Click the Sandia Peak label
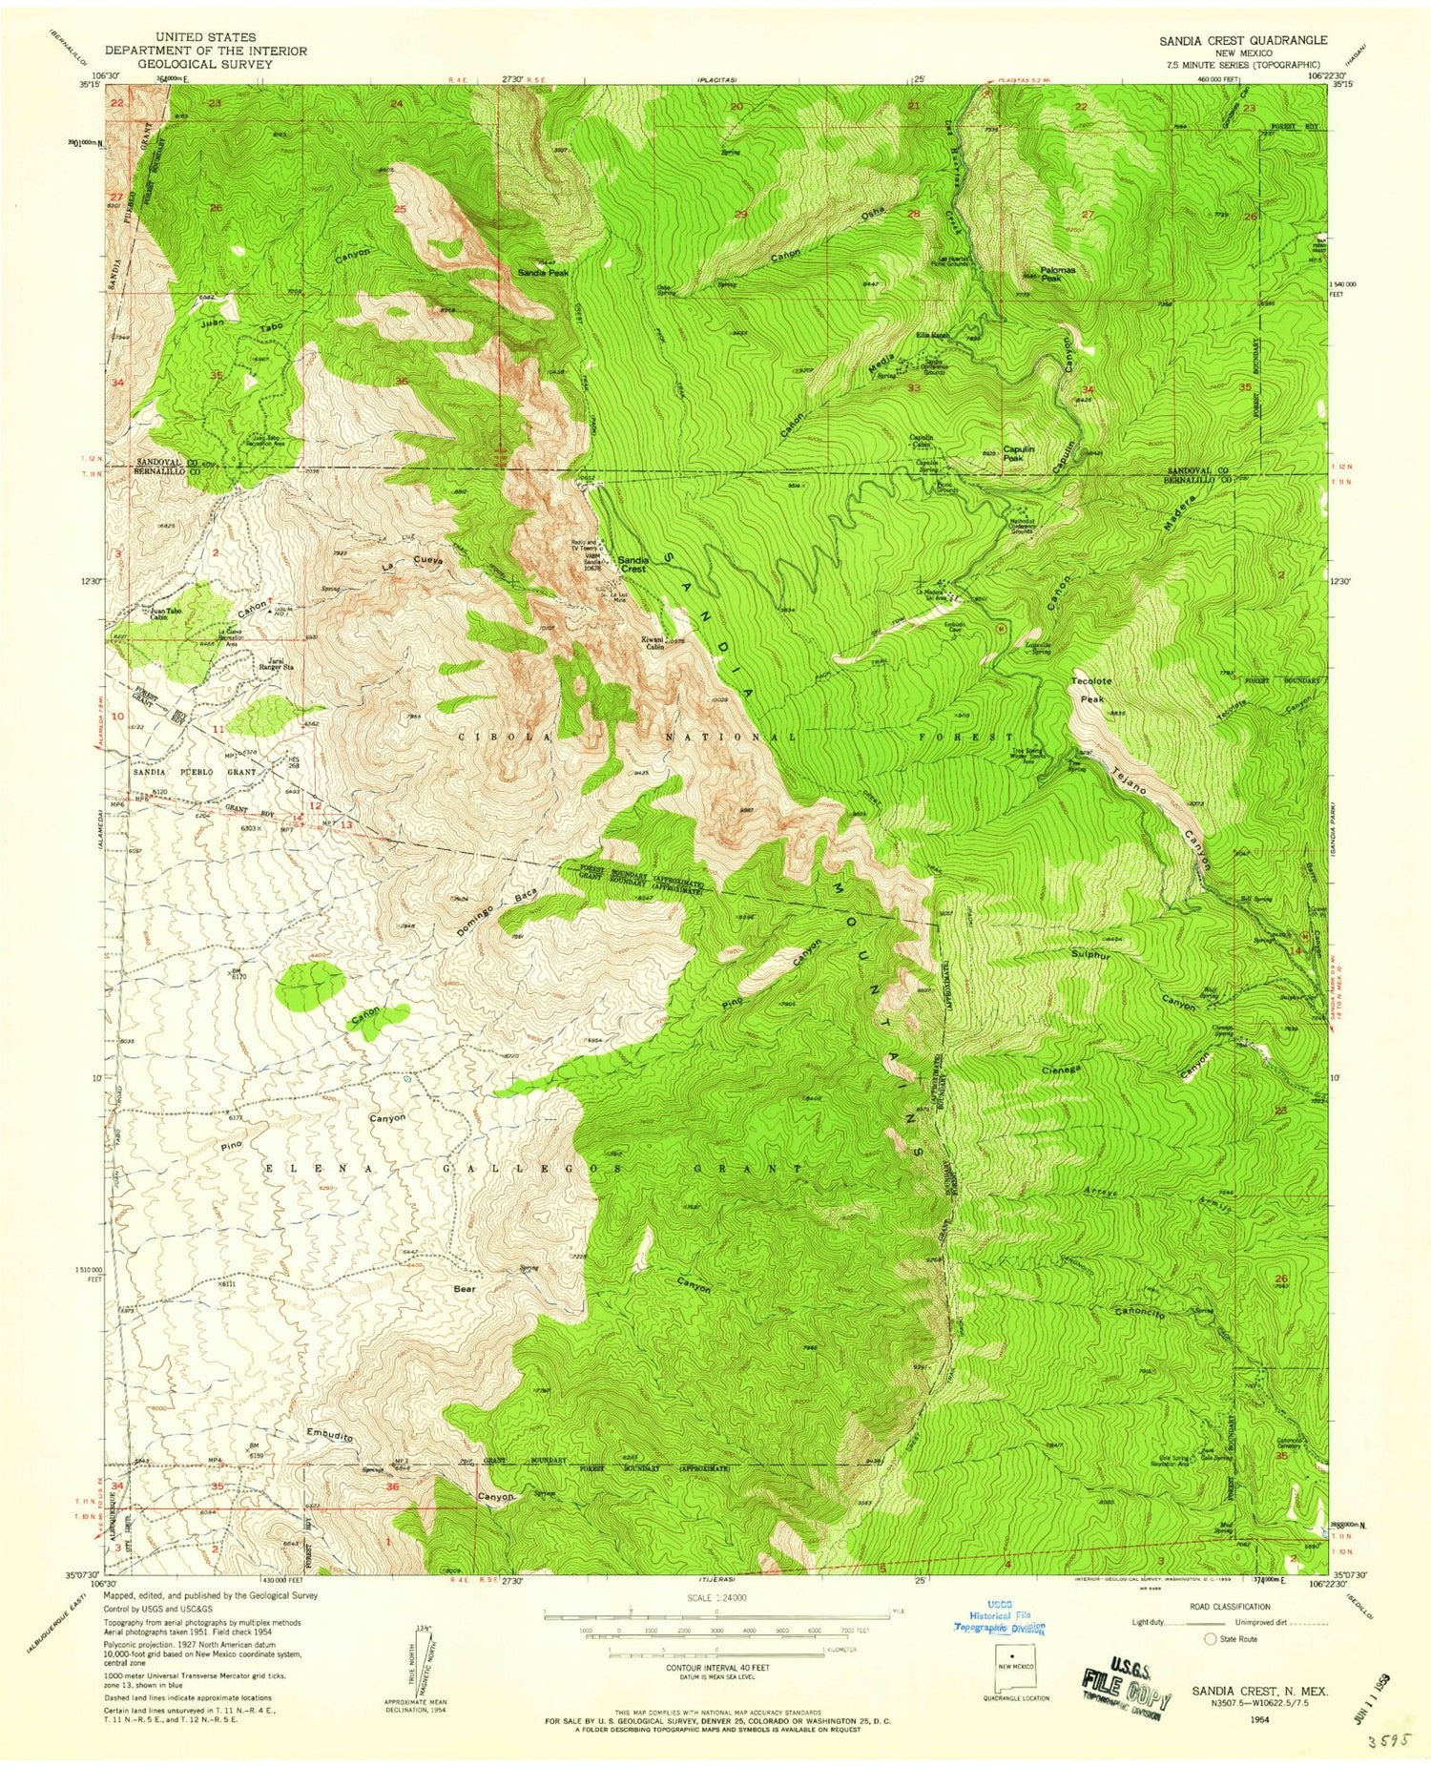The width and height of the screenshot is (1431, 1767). coord(543,272)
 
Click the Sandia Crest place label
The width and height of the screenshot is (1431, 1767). coord(632,564)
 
